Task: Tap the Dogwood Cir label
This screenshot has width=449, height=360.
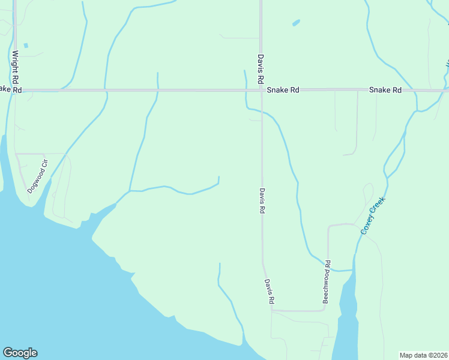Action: click(37, 176)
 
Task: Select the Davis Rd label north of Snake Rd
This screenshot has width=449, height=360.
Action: click(261, 69)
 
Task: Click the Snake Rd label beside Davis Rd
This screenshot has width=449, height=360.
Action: click(283, 90)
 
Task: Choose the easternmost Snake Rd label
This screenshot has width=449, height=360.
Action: click(385, 90)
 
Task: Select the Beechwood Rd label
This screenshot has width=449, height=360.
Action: click(327, 281)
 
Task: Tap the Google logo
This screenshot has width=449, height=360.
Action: click(20, 353)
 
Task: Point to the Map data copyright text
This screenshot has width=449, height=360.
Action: click(423, 355)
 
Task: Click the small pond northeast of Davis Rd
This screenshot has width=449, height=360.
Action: click(295, 23)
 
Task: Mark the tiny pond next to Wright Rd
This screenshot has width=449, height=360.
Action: click(25, 46)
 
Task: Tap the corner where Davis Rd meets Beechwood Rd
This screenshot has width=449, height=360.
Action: click(273, 310)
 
